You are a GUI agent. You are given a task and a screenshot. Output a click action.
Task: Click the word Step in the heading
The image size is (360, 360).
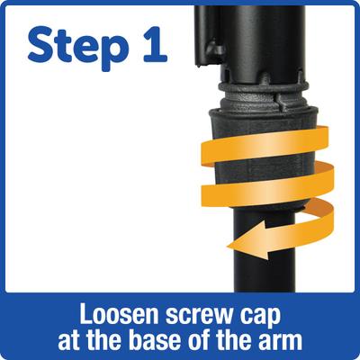pos(76,49)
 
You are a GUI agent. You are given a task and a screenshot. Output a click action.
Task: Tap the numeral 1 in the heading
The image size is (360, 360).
pos(152,44)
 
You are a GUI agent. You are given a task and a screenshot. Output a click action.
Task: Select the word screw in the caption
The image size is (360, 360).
pos(202,317)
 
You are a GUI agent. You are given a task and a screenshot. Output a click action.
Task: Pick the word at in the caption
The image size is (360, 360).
pos(67,342)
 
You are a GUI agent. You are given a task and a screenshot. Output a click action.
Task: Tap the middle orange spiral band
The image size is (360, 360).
pos(267,184)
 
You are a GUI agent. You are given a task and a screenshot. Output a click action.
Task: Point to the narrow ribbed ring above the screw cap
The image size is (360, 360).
pos(263,86)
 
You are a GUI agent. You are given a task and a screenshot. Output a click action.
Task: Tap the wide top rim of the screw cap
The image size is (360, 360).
pos(264,113)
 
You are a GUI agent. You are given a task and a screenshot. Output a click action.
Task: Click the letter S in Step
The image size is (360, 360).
pos(40,45)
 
